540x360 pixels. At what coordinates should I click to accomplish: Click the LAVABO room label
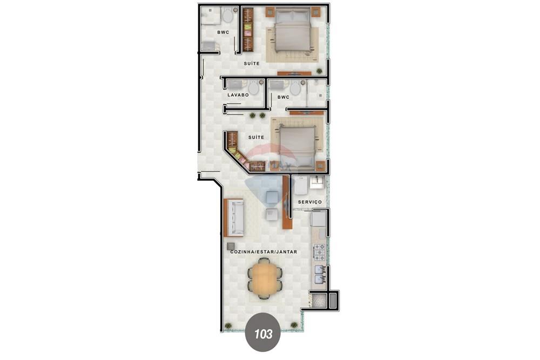click(238, 95)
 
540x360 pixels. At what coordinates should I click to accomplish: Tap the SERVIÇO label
click(310, 202)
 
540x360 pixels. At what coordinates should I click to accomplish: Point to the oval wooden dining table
click(264, 279)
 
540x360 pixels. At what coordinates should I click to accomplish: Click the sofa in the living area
click(234, 218)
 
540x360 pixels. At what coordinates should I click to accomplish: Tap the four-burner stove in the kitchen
click(320, 252)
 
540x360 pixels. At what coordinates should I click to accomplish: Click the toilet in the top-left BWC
click(227, 16)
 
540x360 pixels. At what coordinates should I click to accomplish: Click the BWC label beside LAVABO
click(283, 97)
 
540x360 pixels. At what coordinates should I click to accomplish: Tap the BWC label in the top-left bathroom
click(222, 32)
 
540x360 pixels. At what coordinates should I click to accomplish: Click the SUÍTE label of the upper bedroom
click(251, 64)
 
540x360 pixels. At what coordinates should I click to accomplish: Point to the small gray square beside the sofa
click(231, 246)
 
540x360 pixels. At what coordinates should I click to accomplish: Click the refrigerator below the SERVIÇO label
click(319, 219)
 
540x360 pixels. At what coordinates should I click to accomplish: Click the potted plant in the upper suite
click(320, 71)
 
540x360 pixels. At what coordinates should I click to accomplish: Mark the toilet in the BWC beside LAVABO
click(295, 89)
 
